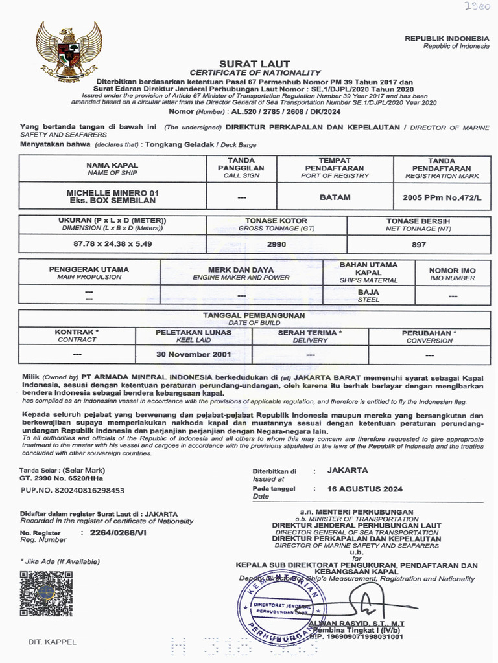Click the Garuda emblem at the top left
(x=68, y=51)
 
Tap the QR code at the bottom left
(x=46, y=592)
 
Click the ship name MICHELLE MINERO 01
(x=112, y=193)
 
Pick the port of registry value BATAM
(x=335, y=197)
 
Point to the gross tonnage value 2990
(x=277, y=244)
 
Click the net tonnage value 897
(x=419, y=244)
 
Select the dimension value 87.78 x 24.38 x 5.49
(x=112, y=244)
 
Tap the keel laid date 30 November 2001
(x=194, y=355)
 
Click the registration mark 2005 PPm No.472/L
(x=441, y=197)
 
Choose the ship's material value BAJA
(x=368, y=292)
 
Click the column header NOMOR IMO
(x=452, y=270)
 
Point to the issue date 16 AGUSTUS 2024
(x=365, y=489)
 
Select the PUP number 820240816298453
(x=72, y=491)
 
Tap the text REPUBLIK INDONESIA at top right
(x=447, y=38)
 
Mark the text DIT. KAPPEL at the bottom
(x=52, y=642)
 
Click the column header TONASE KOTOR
(x=277, y=221)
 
